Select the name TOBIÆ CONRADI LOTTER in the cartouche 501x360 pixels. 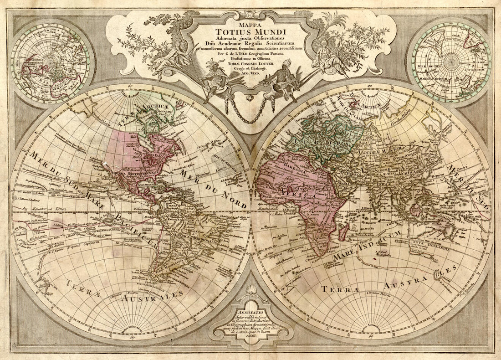coord(250,64)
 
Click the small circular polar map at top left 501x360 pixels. coord(51,61)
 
